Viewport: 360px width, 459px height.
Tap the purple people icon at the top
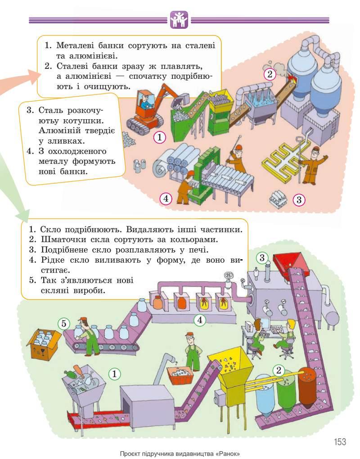179,20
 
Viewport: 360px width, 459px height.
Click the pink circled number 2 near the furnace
269,74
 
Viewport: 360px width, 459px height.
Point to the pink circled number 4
166,198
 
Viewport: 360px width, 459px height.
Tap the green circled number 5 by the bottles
64,323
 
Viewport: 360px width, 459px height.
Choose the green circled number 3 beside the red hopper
262,258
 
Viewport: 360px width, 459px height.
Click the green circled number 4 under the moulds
200,320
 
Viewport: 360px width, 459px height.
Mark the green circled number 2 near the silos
279,370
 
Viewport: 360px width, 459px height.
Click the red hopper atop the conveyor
288,260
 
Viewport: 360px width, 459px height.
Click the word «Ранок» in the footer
226,453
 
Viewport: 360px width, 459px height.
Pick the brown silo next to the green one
307,384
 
